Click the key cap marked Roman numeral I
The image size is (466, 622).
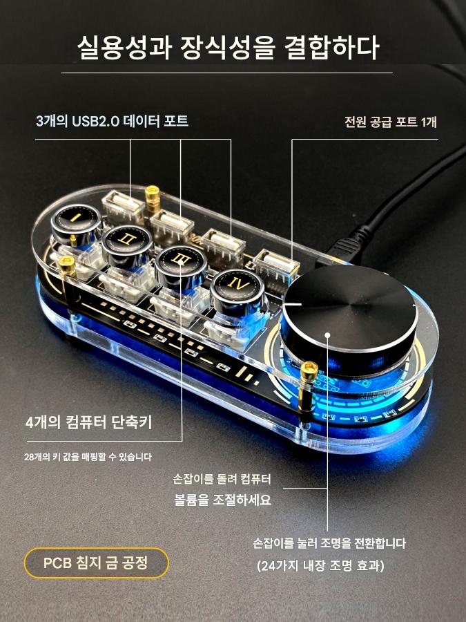pos(76,218)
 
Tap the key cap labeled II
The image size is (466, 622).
pos(126,240)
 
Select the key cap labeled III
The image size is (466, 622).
pos(181,261)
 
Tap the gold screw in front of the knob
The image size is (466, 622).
pos(309,370)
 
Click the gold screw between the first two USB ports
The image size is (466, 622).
pos(152,198)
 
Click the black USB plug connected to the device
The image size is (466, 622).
pos(344,243)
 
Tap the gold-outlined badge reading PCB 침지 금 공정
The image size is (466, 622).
pos(96,563)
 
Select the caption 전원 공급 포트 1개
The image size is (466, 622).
pos(390,122)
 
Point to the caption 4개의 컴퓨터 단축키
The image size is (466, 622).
pos(89,422)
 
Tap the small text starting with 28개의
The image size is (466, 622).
pos(88,457)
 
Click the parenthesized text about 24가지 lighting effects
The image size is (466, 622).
pos(320,565)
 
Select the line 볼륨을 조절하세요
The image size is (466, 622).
pos(223,500)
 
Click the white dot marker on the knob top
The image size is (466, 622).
pos(327,335)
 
